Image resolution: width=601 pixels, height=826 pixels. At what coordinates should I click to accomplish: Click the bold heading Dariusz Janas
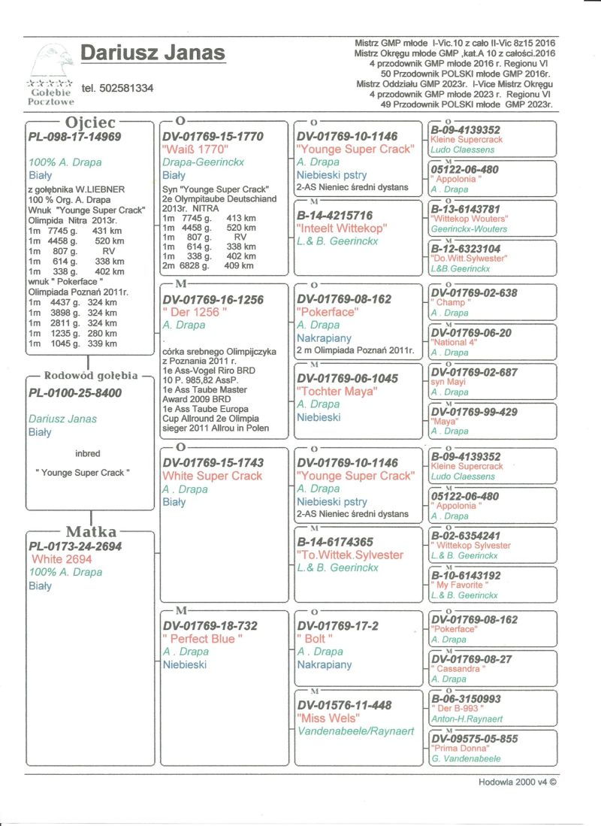pos(153,53)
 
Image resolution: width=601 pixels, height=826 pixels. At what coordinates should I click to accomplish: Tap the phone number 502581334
pos(117,88)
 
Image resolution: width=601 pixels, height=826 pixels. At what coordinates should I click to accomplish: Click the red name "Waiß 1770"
pos(195,150)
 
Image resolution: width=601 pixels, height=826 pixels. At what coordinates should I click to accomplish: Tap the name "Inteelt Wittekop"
pos(342,228)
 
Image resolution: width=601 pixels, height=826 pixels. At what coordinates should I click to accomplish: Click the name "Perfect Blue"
pos(203,639)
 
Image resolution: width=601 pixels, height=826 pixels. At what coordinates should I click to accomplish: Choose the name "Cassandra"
pos(457,669)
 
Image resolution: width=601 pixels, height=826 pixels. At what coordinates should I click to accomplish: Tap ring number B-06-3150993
pos(466,699)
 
